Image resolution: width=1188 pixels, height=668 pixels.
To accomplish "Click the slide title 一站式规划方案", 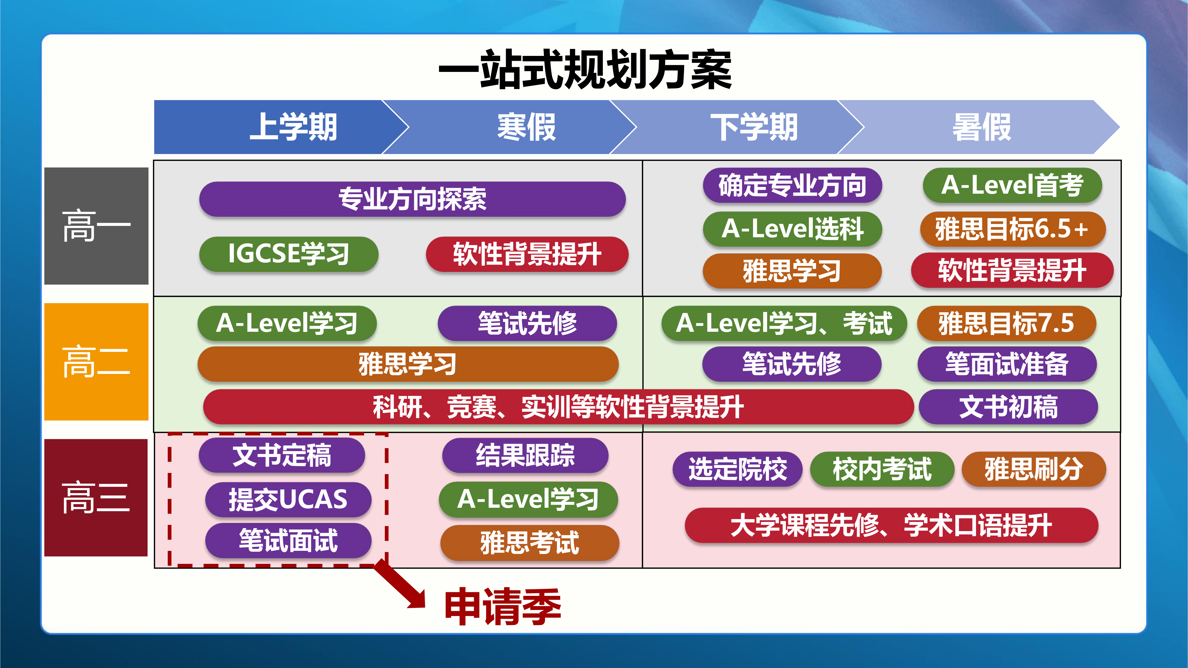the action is (x=585, y=70).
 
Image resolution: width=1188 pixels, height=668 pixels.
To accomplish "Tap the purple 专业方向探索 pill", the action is (x=412, y=199).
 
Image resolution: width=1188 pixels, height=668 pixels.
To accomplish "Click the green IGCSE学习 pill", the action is (x=289, y=254).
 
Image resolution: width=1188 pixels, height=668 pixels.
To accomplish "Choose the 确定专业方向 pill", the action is (x=792, y=185).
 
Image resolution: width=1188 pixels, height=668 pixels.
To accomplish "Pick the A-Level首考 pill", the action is (x=1012, y=185).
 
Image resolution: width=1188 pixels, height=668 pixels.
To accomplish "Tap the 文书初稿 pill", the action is (x=1008, y=407).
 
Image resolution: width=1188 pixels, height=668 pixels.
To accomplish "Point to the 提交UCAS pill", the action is (x=288, y=499).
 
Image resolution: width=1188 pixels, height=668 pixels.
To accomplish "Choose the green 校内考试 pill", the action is (x=882, y=469).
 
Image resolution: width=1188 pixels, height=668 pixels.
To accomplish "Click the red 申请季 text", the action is (x=503, y=606).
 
